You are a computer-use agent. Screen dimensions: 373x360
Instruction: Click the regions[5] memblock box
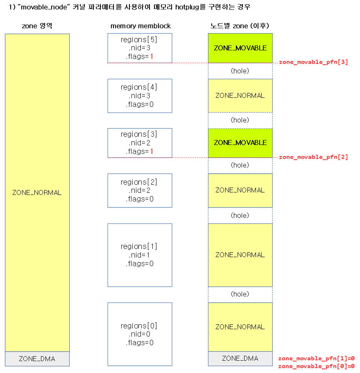pos(140,48)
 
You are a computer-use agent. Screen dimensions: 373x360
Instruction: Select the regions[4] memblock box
pos(140,96)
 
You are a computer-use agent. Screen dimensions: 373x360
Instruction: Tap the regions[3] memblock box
pos(140,143)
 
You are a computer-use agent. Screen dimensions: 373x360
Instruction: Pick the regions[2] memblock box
pos(140,190)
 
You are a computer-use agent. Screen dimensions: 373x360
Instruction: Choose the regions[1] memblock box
pos(140,255)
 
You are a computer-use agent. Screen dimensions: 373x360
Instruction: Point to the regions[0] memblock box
pos(140,334)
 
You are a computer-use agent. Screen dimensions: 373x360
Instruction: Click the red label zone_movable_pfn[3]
pos(313,62)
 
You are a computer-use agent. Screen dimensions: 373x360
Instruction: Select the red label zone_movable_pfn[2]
pos(313,157)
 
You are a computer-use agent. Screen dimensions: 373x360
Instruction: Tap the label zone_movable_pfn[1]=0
pos(316,358)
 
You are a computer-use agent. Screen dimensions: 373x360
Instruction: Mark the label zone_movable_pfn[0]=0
pos(316,366)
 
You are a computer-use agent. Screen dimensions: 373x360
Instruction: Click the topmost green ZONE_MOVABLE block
pos(240,48)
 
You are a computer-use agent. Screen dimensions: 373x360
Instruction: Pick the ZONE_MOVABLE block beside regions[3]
pos(240,142)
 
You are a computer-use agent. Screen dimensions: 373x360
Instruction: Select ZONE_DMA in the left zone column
pos(37,359)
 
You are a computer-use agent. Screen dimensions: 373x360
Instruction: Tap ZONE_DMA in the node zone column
pos(240,358)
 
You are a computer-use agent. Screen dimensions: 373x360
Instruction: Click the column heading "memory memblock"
pos(140,26)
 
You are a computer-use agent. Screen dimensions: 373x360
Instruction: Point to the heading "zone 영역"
pos(37,26)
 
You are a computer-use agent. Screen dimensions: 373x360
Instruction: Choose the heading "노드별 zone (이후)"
pos(240,26)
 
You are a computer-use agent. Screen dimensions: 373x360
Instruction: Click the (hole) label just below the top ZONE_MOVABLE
pos(240,71)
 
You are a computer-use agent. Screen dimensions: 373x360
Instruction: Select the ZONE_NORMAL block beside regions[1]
pos(240,255)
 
